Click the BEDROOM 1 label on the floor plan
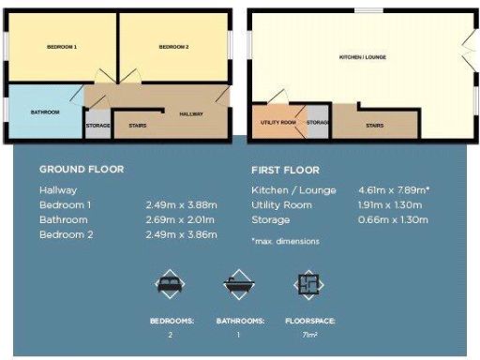click(62, 47)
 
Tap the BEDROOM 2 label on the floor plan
click(173, 47)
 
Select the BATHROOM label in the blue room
click(44, 112)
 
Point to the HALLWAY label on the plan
click(191, 113)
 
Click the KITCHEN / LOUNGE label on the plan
click(363, 57)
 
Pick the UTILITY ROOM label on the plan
click(279, 123)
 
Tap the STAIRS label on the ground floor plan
click(136, 124)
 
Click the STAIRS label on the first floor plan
click(374, 124)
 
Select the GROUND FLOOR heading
click(81, 170)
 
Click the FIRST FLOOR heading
click(285, 171)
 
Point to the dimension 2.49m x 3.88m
click(181, 204)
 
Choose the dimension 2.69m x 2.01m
click(181, 219)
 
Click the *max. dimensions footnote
click(285, 241)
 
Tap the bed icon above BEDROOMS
click(171, 282)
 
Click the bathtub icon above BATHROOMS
click(238, 282)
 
